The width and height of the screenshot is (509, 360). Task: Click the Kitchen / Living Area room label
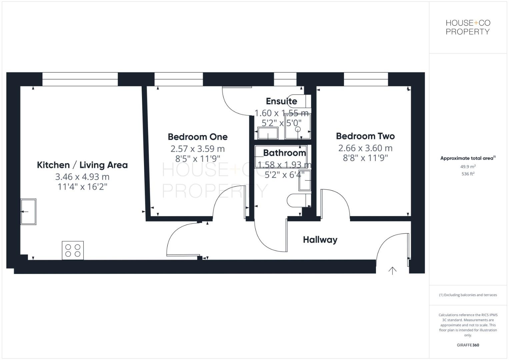coord(82,165)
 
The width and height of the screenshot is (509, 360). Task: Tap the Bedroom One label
coord(198,137)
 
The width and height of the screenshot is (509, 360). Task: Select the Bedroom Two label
coord(365,136)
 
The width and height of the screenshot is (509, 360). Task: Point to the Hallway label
coord(320,240)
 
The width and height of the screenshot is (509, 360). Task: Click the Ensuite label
coord(281,101)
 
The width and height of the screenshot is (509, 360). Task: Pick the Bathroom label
coord(284,153)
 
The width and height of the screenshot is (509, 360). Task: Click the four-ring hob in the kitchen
coord(73,250)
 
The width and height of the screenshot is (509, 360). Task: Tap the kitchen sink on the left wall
coord(28,212)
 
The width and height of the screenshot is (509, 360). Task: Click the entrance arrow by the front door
coord(392,271)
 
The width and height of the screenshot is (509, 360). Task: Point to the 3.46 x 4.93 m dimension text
coord(82,177)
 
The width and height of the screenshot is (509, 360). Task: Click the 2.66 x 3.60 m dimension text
coord(365,148)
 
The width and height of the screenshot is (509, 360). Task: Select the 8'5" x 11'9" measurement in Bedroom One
coord(198,159)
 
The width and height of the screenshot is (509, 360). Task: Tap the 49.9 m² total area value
coord(468,167)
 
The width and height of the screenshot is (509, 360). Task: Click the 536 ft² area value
coord(468,174)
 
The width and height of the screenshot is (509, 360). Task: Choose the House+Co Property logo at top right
coord(468,27)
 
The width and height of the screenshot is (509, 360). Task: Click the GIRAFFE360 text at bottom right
coord(468,345)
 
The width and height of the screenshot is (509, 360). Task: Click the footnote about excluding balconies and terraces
coord(468,295)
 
